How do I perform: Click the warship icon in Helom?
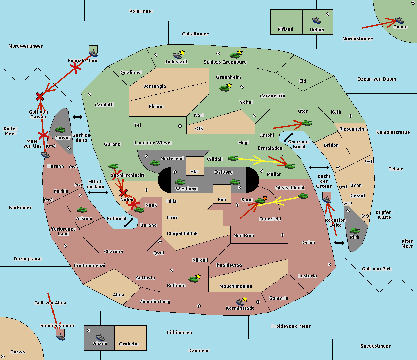point(317,20)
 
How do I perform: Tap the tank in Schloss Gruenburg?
point(235,55)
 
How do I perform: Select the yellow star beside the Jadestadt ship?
point(182,53)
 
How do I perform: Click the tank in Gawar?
point(60,129)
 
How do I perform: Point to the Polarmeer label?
point(141,11)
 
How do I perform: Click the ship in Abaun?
point(100,337)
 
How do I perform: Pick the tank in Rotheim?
point(193,279)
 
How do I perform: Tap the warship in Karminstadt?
point(240,302)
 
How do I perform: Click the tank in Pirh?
point(354,231)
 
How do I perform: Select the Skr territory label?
point(195,171)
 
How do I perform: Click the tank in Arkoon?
point(82,210)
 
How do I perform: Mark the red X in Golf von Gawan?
point(40,97)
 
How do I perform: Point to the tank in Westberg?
point(180,182)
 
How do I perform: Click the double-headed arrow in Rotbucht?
point(129,223)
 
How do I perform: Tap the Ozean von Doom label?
point(376,79)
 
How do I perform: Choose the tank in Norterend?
point(155,163)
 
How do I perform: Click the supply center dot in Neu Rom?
point(283,235)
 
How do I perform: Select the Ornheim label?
point(129,344)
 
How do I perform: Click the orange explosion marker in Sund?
point(265,198)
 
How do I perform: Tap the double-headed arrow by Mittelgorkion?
point(98,192)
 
